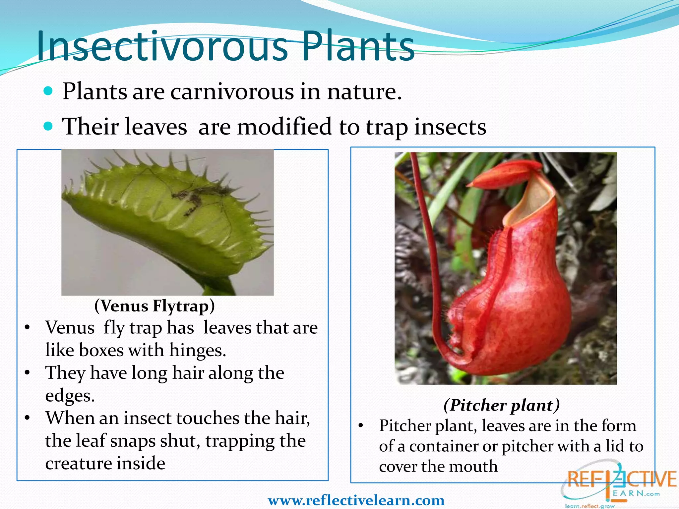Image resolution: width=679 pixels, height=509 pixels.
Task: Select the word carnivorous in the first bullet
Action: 232,92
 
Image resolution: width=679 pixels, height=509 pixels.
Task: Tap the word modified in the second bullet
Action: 284,127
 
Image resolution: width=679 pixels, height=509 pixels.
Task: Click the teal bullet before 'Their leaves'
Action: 48,126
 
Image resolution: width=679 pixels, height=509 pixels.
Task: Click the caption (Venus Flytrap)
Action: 154,306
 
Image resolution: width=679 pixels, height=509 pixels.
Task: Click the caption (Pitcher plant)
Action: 502,405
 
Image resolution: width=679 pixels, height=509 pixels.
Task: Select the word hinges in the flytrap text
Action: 198,350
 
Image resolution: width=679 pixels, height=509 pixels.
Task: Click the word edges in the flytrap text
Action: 70,396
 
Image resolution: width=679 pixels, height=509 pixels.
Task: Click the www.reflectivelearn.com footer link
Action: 356,500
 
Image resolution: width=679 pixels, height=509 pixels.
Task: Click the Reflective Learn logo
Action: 618,484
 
